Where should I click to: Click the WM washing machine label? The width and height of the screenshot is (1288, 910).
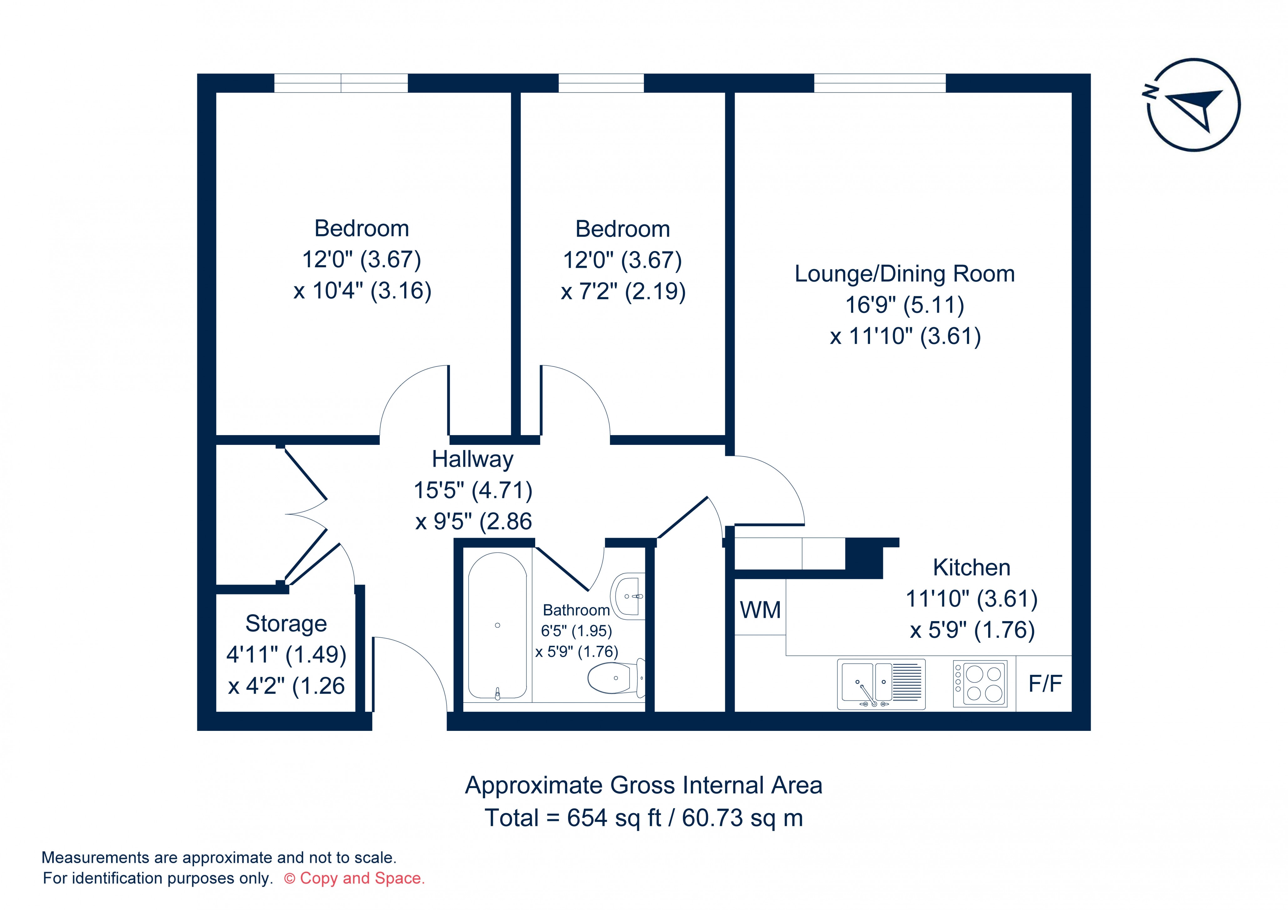click(x=760, y=610)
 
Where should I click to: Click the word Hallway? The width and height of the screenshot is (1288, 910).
click(x=472, y=459)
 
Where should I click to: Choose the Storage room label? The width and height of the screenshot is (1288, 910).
click(x=286, y=623)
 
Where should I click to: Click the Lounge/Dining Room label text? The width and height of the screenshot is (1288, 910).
click(x=904, y=274)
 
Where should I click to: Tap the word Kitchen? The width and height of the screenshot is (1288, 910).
click(x=971, y=568)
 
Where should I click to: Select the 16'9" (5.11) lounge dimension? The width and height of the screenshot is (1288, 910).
click(x=904, y=305)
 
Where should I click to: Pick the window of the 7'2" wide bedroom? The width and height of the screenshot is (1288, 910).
click(x=601, y=83)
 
